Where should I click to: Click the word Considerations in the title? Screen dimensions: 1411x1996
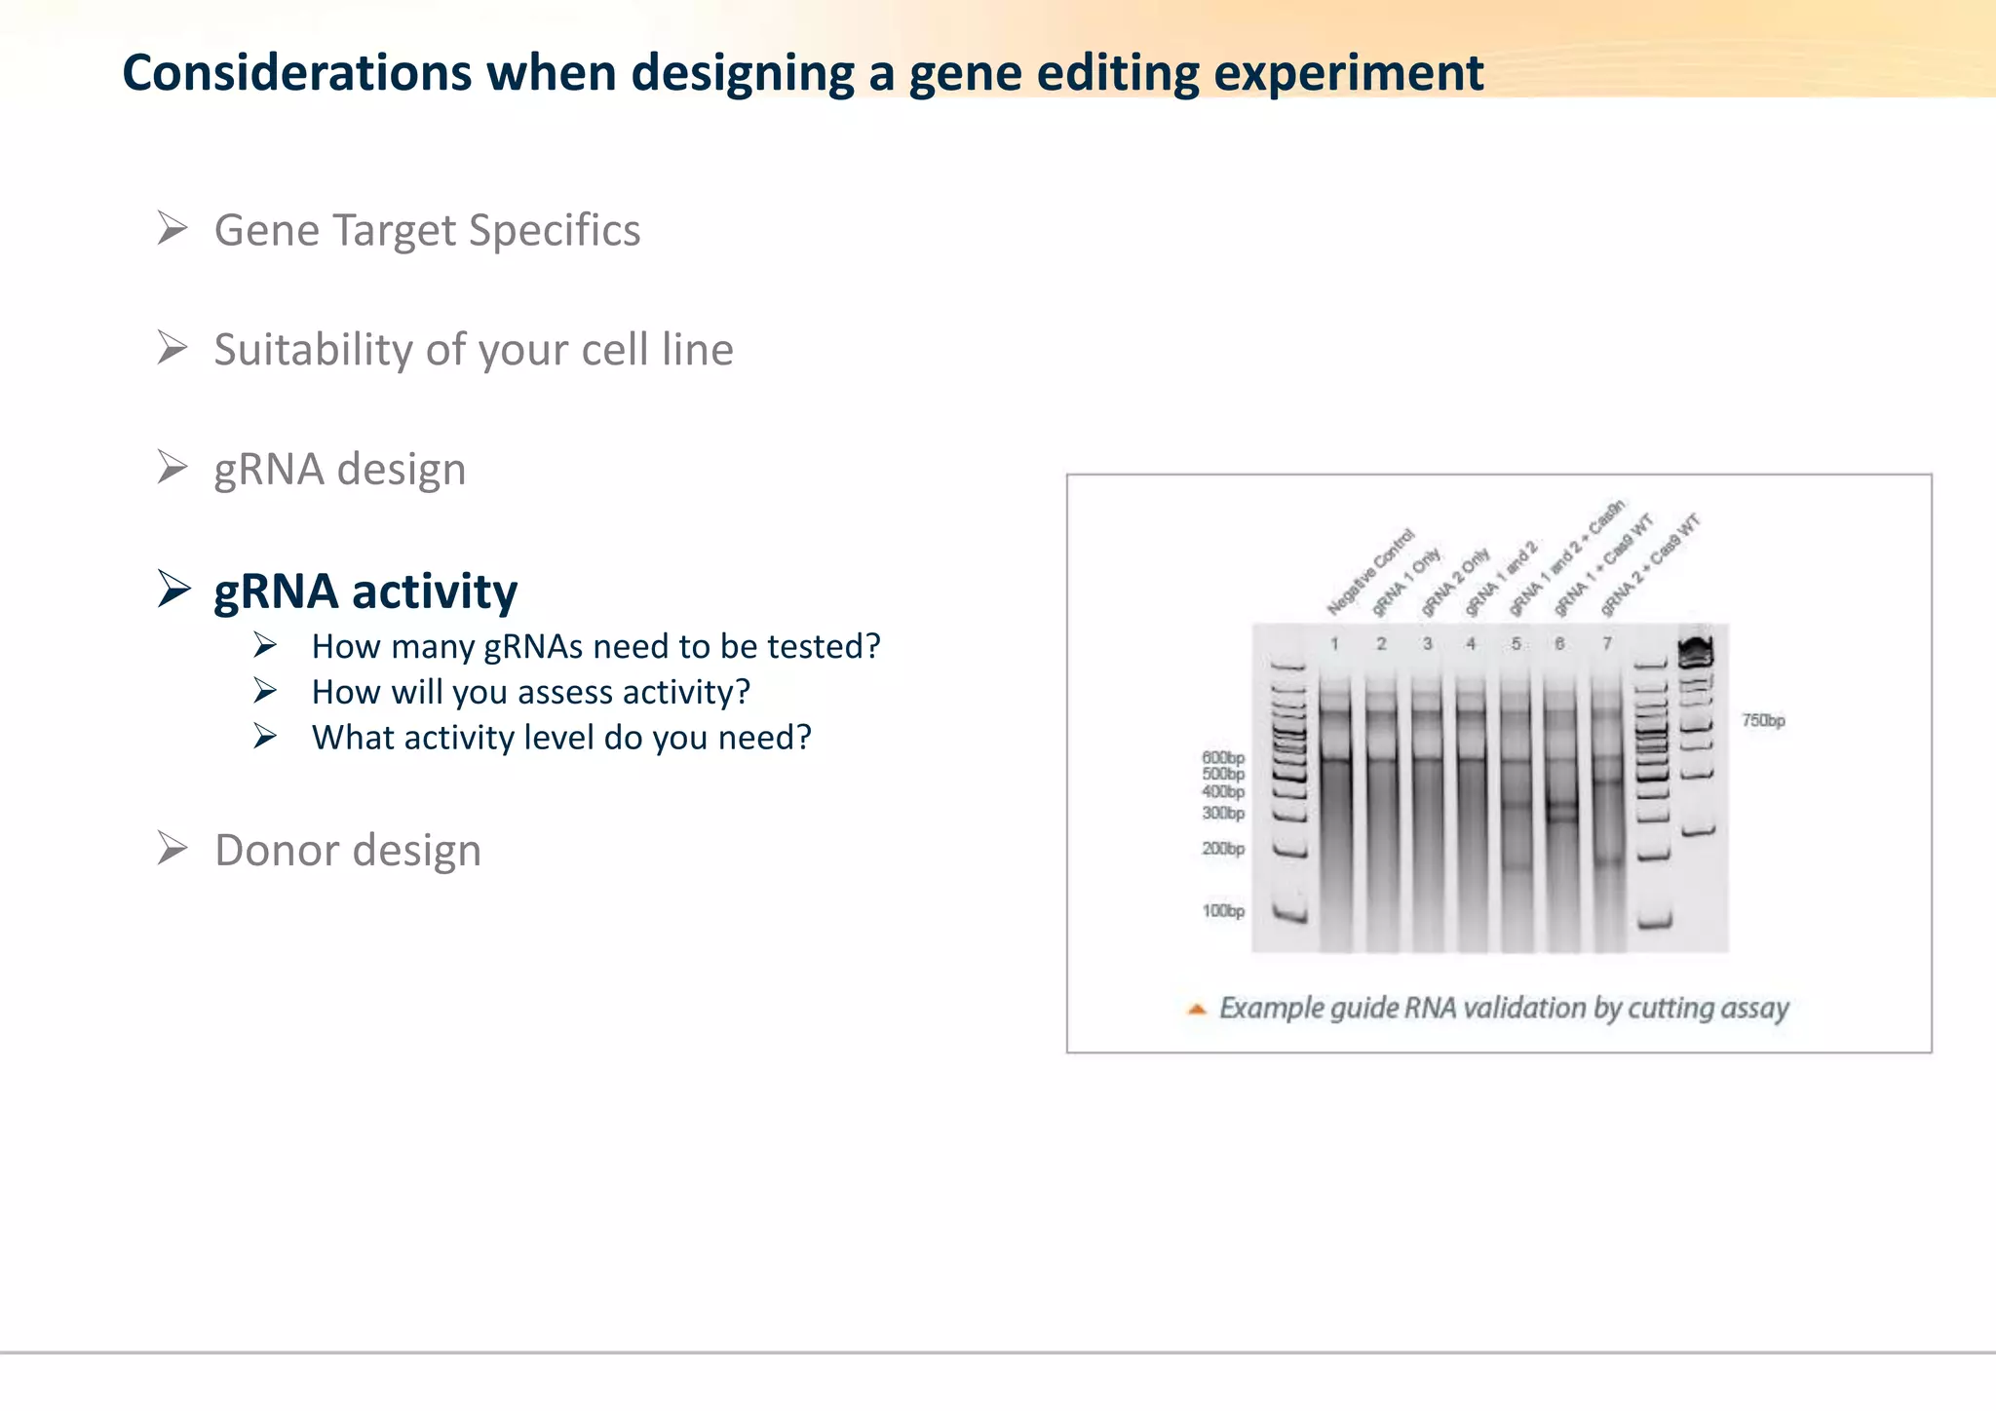[x=296, y=74]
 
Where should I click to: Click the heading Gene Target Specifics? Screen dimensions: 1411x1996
[x=427, y=231]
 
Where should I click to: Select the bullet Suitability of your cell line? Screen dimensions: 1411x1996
[x=474, y=350]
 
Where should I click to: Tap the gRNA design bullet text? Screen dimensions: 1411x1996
[x=339, y=470]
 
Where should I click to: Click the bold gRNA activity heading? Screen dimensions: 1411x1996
[x=365, y=591]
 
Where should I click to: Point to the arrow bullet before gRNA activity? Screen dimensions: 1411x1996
[x=173, y=589]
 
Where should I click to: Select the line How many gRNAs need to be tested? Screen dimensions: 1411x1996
[x=595, y=646]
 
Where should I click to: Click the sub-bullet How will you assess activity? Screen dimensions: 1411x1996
[x=530, y=692]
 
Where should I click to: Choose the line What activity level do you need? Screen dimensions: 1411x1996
[x=561, y=738]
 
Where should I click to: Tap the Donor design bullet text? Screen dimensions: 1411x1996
[x=347, y=851]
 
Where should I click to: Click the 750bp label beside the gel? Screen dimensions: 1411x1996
[x=1763, y=721]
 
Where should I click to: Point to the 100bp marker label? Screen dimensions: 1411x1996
[x=1222, y=911]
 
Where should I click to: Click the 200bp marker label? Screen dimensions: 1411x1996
[x=1222, y=849]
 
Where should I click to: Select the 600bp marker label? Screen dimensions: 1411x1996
[x=1222, y=757]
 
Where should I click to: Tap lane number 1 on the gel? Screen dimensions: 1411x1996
[x=1334, y=644]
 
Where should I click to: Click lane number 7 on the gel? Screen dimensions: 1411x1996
[x=1607, y=644]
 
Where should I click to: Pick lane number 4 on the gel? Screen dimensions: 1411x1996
[x=1471, y=644]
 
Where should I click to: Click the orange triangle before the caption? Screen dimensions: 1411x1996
[x=1197, y=1010]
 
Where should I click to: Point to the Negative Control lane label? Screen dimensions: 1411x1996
[x=1370, y=573]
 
